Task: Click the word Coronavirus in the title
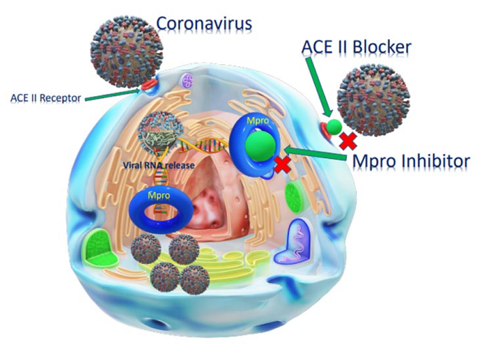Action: pos(204,23)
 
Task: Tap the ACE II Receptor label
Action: pos(45,98)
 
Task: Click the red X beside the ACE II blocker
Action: pos(349,140)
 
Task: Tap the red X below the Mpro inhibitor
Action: pos(281,164)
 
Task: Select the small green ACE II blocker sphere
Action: pos(333,126)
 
